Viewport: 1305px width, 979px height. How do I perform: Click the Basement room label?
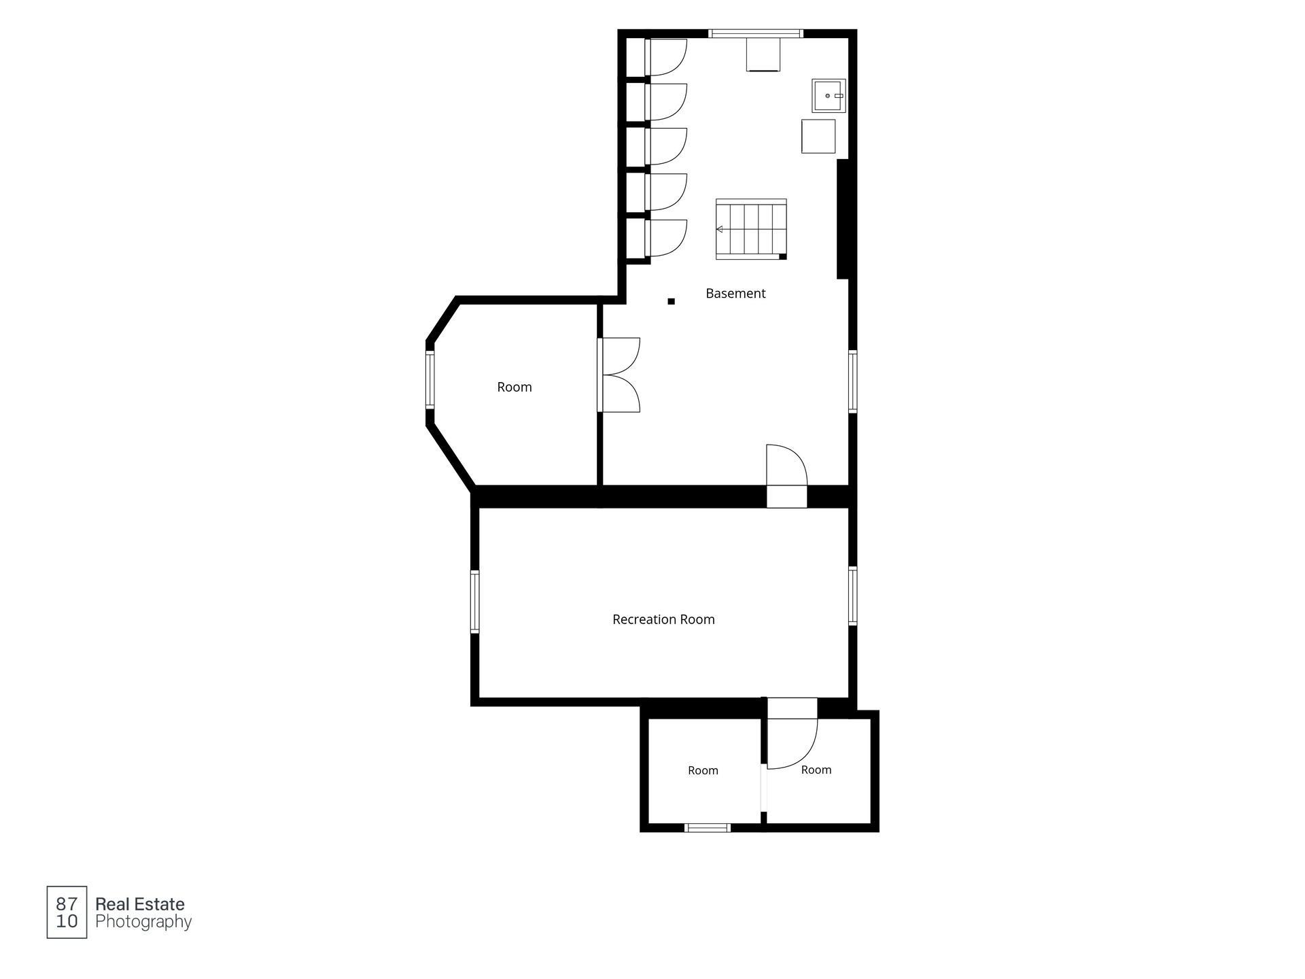click(x=735, y=294)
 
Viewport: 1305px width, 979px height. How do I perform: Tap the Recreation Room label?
click(x=663, y=619)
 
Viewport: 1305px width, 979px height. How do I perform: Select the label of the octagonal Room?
click(x=515, y=388)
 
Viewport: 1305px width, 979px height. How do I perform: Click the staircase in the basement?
click(x=751, y=229)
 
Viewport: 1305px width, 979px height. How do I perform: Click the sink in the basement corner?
click(x=829, y=96)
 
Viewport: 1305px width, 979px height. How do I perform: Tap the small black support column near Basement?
click(x=671, y=301)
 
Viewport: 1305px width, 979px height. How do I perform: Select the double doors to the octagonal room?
click(x=619, y=375)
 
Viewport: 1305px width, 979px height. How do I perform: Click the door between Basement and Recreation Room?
click(x=786, y=466)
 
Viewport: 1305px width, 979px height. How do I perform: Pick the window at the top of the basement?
click(x=756, y=33)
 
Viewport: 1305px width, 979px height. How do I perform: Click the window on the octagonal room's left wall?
click(x=430, y=380)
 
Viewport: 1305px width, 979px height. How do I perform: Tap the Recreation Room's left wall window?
click(x=474, y=602)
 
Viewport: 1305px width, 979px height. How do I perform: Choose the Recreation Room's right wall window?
click(x=852, y=596)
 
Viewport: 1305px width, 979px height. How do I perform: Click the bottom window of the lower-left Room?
click(x=707, y=827)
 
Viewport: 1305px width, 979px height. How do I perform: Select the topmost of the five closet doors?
click(x=666, y=58)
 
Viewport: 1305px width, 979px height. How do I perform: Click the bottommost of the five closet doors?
click(x=666, y=238)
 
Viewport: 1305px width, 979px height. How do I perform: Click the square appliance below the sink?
click(x=818, y=136)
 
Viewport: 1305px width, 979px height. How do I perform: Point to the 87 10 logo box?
click(x=67, y=912)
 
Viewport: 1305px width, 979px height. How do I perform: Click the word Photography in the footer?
click(x=143, y=923)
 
